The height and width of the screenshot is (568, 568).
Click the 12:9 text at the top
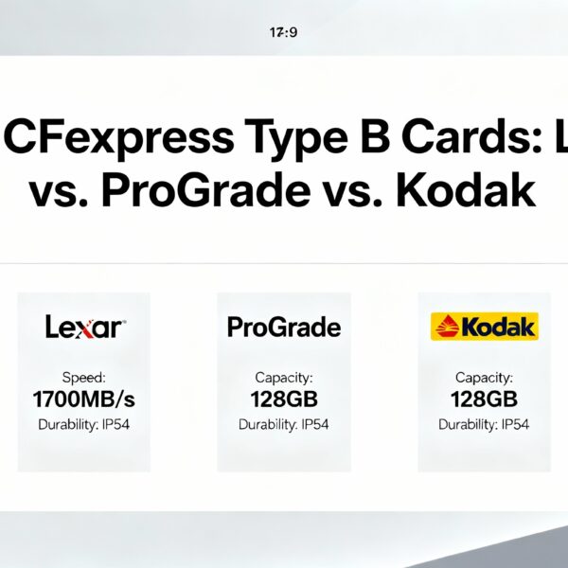[x=285, y=31]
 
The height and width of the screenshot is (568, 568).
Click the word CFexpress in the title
[x=118, y=138]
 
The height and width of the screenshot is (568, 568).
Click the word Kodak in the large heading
[x=465, y=192]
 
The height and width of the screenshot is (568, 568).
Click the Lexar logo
[x=83, y=328]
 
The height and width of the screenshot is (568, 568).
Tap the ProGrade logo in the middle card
[x=284, y=328]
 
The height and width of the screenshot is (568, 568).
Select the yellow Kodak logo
[x=484, y=328]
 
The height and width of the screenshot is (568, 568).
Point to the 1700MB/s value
[x=83, y=398]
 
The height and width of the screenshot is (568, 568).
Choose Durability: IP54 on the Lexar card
[x=83, y=424]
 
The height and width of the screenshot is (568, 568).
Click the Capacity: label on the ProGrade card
[x=284, y=377]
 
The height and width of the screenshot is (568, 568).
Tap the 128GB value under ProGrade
[x=284, y=399]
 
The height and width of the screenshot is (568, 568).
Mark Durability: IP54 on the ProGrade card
[x=284, y=424]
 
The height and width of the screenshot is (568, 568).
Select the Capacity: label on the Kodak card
[x=484, y=377]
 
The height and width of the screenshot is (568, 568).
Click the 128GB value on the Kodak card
[x=484, y=399]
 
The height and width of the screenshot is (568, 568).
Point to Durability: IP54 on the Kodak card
[x=484, y=424]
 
